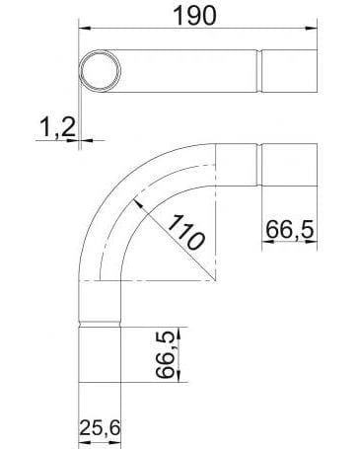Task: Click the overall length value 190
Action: [196, 16]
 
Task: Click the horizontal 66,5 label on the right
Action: [288, 230]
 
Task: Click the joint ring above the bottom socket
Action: [99, 326]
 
